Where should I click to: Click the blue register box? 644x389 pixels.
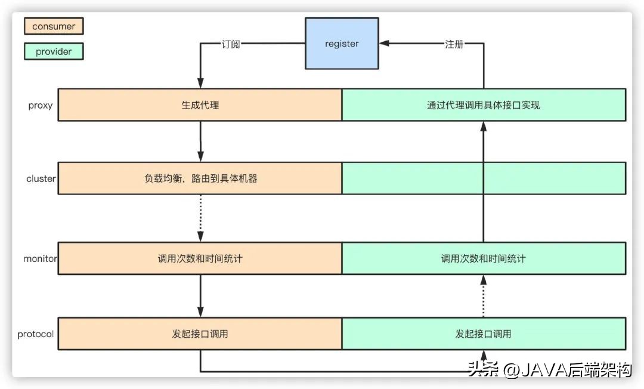pyautogui.click(x=342, y=44)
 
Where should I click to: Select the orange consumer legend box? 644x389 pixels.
pyautogui.click(x=54, y=26)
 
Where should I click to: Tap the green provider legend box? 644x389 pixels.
pyautogui.click(x=54, y=51)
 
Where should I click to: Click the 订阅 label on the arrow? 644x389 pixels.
pyautogui.click(x=230, y=44)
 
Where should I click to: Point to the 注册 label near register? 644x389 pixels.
pyautogui.click(x=454, y=44)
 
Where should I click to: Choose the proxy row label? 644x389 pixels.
pyautogui.click(x=41, y=106)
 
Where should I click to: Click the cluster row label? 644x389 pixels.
pyautogui.click(x=41, y=178)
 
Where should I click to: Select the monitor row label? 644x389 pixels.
pyautogui.click(x=40, y=259)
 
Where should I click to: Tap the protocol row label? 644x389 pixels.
pyautogui.click(x=36, y=334)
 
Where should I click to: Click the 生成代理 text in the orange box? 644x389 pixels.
pyautogui.click(x=200, y=105)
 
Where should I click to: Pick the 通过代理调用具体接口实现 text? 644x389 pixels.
pyautogui.click(x=484, y=105)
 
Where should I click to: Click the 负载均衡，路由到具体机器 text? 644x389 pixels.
pyautogui.click(x=200, y=178)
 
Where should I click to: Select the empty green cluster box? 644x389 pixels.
pyautogui.click(x=484, y=178)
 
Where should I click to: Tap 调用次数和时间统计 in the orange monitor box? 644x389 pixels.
pyautogui.click(x=200, y=259)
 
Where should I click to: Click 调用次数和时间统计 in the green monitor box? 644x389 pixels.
pyautogui.click(x=484, y=259)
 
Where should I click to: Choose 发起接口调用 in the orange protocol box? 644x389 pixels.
pyautogui.click(x=200, y=334)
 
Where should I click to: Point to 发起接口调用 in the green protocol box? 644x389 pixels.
pyautogui.click(x=484, y=334)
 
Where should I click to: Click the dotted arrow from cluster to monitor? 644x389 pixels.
pyautogui.click(x=200, y=218)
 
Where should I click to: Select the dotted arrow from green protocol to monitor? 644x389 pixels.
pyautogui.click(x=484, y=297)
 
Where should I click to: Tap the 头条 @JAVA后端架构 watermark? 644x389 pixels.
pyautogui.click(x=549, y=370)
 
